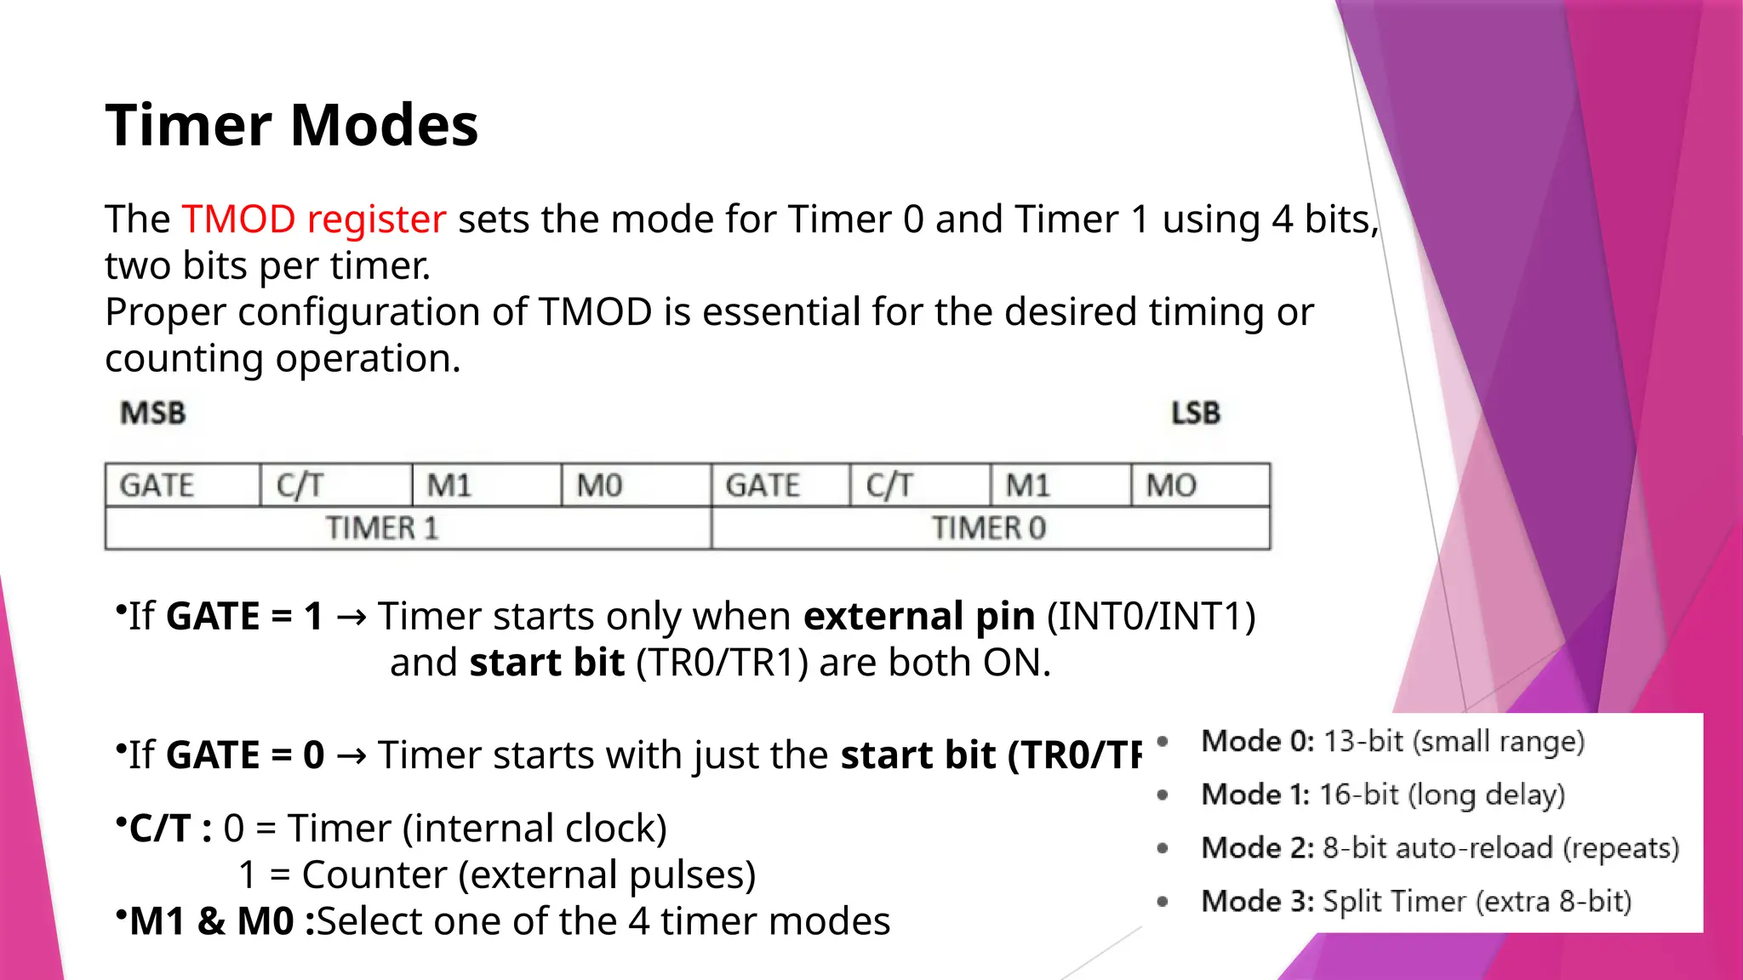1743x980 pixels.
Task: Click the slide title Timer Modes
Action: tap(291, 125)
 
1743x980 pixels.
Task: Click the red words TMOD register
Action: tap(313, 219)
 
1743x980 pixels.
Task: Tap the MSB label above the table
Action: tap(153, 413)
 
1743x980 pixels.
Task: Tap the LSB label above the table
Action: tap(1195, 413)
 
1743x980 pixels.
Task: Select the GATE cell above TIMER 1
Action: tap(157, 486)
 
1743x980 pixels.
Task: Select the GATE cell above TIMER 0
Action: tap(763, 486)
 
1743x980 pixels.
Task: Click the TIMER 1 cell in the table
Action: tap(382, 528)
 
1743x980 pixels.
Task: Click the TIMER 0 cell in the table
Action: tap(988, 528)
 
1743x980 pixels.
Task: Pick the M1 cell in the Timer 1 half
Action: tap(449, 486)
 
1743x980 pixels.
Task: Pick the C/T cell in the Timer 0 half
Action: tap(889, 486)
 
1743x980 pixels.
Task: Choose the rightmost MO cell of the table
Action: tap(1171, 486)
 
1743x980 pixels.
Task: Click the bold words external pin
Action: tap(918, 616)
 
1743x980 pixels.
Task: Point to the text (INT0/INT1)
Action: tap(1151, 616)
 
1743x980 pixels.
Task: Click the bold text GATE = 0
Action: tap(245, 755)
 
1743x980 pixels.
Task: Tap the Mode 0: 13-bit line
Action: tap(1392, 741)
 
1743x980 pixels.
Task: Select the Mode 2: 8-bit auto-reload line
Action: tap(1440, 848)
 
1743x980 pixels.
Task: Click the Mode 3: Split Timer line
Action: tap(1416, 901)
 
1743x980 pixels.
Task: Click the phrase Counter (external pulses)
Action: tap(529, 875)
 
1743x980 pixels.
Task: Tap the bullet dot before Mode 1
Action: tap(1163, 795)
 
